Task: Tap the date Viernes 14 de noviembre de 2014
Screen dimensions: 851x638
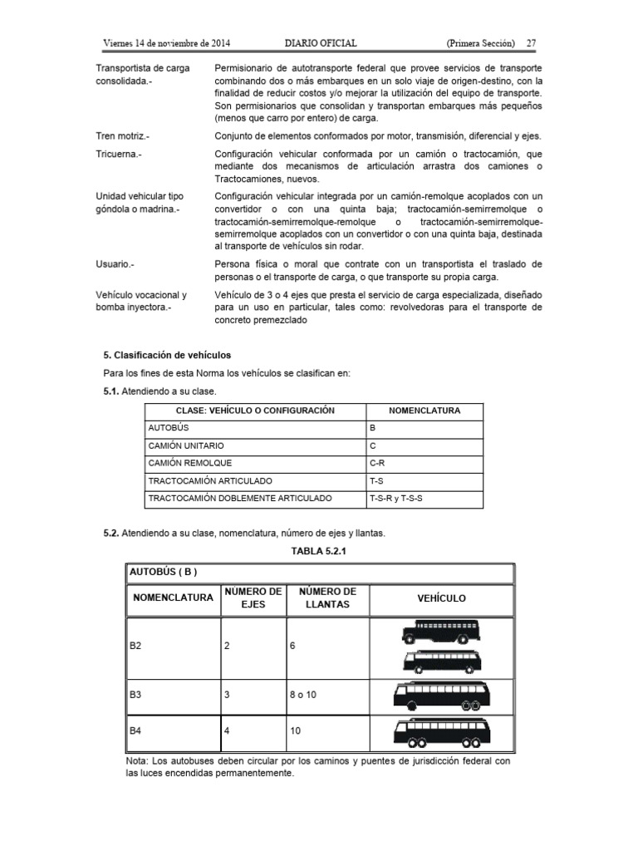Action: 166,42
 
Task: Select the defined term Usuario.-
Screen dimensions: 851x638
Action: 115,263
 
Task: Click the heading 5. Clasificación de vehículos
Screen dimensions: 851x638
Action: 161,355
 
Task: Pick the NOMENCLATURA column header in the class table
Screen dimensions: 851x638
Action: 425,411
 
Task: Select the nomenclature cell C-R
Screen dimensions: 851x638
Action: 377,463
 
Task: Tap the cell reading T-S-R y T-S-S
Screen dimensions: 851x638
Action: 401,498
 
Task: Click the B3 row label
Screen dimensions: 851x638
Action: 135,692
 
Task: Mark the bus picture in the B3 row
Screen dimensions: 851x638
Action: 440,693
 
